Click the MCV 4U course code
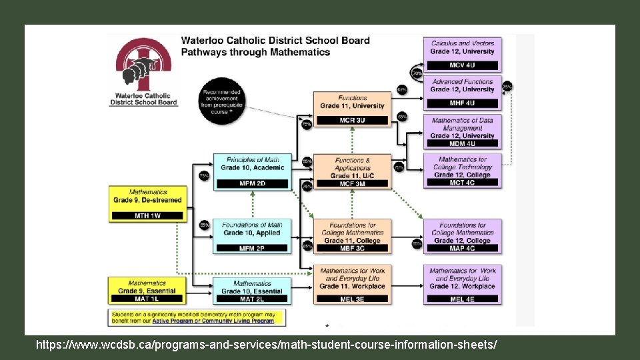[462, 65]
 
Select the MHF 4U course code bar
[462, 103]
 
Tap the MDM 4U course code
[462, 143]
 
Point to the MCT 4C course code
[462, 183]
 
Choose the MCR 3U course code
[352, 120]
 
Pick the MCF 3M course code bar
[352, 183]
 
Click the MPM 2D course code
[252, 183]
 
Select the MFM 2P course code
[252, 248]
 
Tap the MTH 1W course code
[147, 215]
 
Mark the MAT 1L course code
[147, 299]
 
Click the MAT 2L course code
[252, 299]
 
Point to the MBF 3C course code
[352, 248]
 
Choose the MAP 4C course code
[462, 248]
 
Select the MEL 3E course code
[352, 299]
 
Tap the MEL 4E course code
[462, 299]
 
